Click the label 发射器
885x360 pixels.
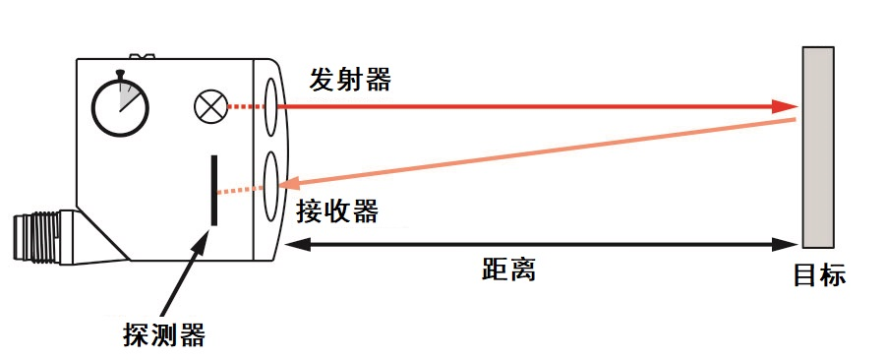coord(350,80)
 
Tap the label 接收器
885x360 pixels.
coord(338,210)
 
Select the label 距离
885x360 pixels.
coord(508,270)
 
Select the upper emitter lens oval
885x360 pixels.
coord(271,104)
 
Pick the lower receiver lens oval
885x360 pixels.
coord(272,183)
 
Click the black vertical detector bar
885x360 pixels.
coord(213,190)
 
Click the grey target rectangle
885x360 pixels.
coord(818,147)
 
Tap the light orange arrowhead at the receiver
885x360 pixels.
coord(292,184)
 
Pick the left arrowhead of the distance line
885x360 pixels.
coord(293,244)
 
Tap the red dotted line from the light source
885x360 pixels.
coord(243,105)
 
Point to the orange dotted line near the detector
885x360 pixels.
coord(238,189)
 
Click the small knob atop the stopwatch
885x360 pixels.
coord(119,73)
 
